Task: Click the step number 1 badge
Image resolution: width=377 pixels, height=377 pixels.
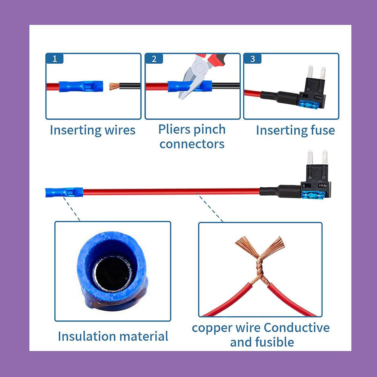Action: coord(55,59)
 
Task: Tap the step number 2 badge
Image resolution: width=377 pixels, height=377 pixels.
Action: coord(154,59)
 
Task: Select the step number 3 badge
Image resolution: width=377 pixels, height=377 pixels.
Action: coord(253,59)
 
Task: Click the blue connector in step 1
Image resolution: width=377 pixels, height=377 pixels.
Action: coord(81,86)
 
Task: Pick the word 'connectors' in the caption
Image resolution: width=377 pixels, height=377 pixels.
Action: coord(192,144)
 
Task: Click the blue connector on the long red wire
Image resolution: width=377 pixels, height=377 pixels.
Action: coord(64,192)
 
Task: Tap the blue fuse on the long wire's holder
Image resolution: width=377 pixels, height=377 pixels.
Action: coord(313,195)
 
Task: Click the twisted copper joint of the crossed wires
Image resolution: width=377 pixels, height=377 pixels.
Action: coord(260,267)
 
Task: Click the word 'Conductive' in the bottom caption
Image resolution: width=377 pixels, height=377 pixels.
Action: coord(297,328)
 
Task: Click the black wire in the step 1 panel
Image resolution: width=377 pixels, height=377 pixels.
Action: coord(130,86)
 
